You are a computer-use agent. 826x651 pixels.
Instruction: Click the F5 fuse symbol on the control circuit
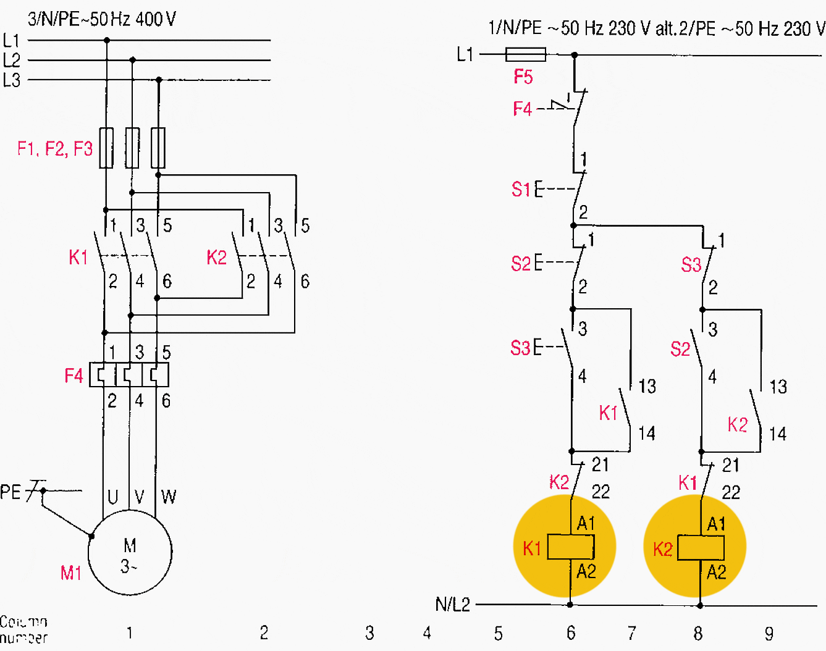coord(525,54)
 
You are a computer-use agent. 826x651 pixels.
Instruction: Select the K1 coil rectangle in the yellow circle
coord(571,547)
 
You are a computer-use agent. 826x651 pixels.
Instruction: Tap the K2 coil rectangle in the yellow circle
coord(701,548)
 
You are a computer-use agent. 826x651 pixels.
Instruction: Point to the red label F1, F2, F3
coord(55,149)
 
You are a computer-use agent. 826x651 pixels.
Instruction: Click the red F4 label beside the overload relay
coord(74,376)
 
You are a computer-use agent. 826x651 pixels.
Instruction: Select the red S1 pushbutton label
coord(521,190)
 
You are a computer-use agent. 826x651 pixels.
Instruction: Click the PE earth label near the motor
coord(11,492)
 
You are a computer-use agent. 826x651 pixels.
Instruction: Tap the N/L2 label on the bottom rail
coord(452,605)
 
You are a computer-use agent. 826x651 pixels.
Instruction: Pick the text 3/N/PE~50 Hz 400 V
coord(102,19)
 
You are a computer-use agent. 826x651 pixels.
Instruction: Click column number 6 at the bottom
coord(571,633)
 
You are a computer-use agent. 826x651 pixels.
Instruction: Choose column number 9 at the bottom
coord(769,634)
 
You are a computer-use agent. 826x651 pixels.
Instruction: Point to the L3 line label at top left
coord(12,80)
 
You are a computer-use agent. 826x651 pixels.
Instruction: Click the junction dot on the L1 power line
coord(107,40)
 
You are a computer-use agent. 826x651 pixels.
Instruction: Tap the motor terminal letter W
coord(169,497)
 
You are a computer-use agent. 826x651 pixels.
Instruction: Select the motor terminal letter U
coord(113,497)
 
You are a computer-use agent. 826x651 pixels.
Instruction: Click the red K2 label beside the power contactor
coord(217,258)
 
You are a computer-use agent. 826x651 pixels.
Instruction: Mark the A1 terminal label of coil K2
coord(716,524)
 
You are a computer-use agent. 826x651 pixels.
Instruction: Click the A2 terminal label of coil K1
coord(586,571)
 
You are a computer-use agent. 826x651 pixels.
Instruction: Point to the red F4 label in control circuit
coord(522,109)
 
